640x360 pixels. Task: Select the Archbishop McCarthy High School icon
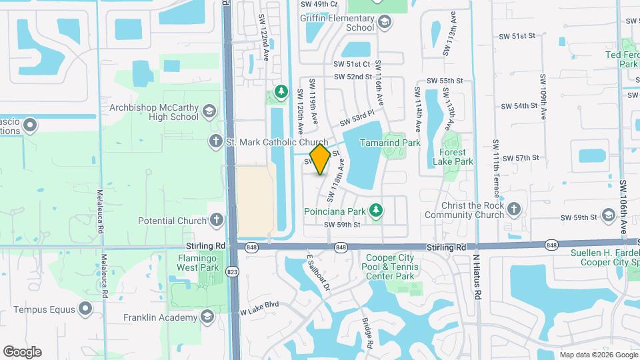(209, 111)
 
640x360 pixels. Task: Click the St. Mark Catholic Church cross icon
(215, 141)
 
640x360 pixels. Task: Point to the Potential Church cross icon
(216, 220)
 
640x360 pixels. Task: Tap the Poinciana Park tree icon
(377, 211)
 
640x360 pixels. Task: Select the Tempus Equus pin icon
(85, 308)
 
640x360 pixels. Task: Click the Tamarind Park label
(390, 143)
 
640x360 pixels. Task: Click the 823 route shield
(232, 271)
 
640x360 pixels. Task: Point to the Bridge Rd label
(367, 333)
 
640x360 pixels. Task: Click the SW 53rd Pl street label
(353, 120)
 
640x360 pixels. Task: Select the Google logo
(23, 351)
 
